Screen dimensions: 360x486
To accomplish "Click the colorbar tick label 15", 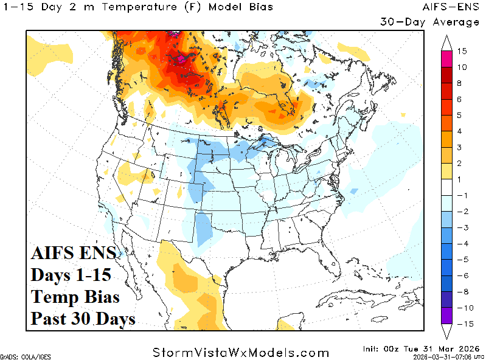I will (462, 51).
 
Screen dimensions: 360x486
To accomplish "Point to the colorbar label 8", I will (462, 83).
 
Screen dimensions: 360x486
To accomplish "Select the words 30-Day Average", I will (429, 22).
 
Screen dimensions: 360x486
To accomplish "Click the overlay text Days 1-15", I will (71, 275).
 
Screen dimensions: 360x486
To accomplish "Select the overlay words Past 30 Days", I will (83, 318).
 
